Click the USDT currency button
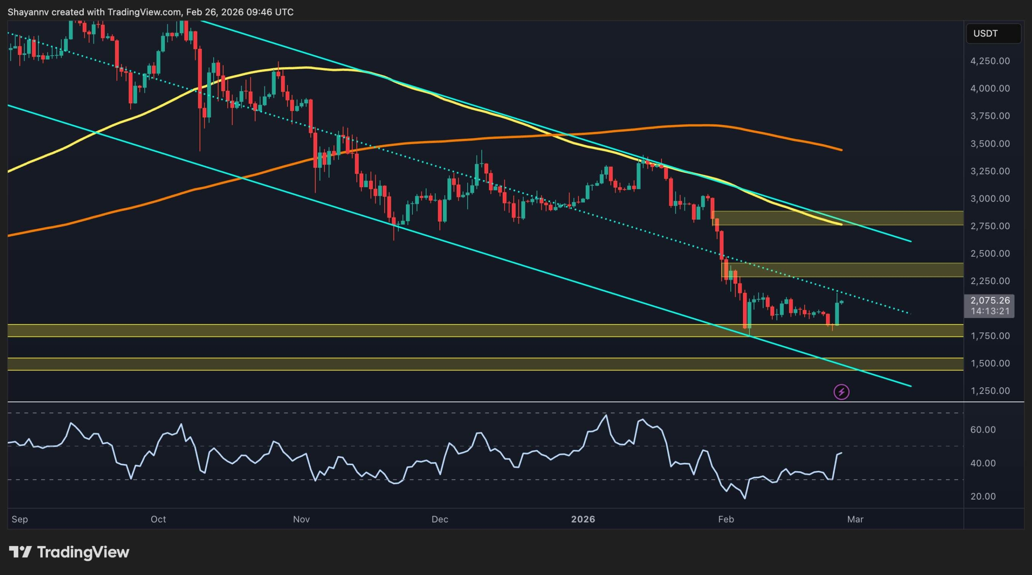[993, 33]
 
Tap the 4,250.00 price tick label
[990, 61]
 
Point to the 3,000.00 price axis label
[990, 199]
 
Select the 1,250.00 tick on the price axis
[990, 391]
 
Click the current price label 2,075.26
[990, 301]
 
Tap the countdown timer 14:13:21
[990, 311]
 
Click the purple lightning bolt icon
[841, 392]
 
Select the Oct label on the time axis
[158, 519]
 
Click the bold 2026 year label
[583, 519]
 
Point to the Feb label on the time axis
[726, 519]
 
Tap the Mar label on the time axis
[855, 519]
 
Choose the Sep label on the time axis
[20, 519]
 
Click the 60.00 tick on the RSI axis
[983, 430]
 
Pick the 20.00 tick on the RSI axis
[983, 496]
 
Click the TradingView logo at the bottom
[69, 552]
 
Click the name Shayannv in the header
[28, 12]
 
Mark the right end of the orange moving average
[841, 150]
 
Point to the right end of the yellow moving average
[841, 224]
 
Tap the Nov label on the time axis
[301, 519]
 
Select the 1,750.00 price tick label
[990, 336]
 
